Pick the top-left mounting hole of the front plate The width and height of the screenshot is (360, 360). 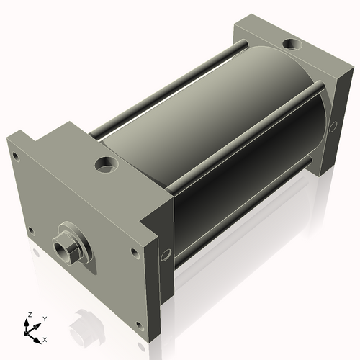tap(16, 156)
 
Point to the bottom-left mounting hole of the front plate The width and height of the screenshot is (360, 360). tap(32, 230)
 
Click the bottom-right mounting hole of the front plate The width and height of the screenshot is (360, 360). tap(139, 325)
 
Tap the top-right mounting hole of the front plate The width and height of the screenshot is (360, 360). tap(134, 253)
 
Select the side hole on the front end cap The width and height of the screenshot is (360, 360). tap(166, 255)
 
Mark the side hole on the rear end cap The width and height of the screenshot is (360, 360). tap(333, 127)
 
